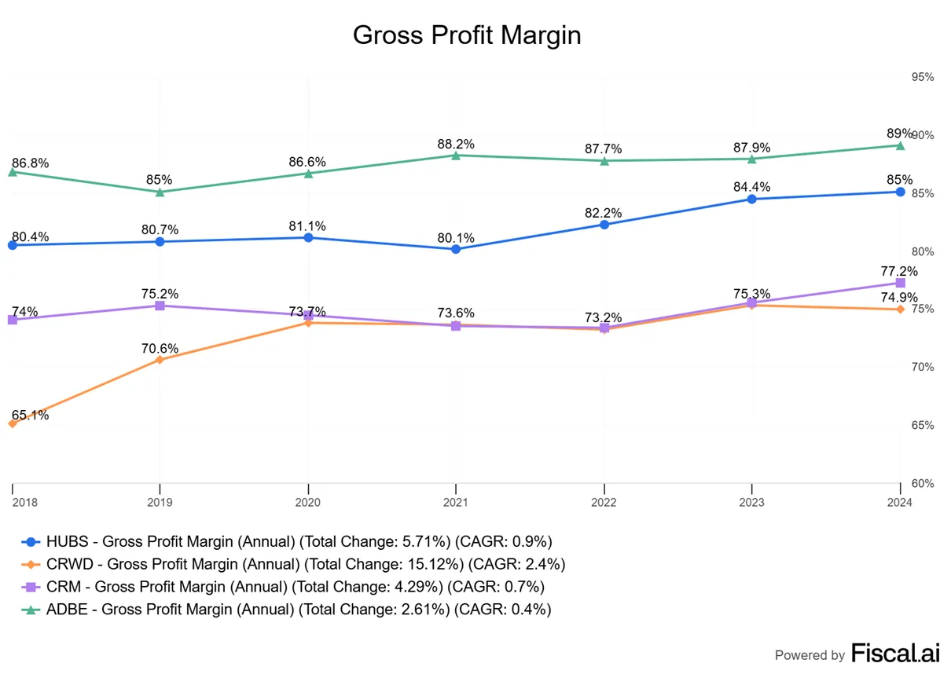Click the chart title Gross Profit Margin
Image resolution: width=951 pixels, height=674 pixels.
[x=467, y=35]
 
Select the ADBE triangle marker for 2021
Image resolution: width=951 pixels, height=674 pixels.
[x=456, y=156]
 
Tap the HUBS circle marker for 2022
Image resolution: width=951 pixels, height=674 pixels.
[x=604, y=225]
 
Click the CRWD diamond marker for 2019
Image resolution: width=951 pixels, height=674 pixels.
[x=160, y=360]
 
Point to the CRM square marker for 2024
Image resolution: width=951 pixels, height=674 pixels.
[x=900, y=283]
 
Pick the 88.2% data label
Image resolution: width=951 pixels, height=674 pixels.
[x=456, y=145]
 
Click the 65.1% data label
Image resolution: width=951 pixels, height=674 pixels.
[x=30, y=415]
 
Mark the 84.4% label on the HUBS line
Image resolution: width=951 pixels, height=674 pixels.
[x=752, y=187]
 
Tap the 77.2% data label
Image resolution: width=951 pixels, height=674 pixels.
[x=899, y=271]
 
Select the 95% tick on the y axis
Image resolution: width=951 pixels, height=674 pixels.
[x=923, y=77]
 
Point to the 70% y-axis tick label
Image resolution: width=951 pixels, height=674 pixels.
[x=923, y=367]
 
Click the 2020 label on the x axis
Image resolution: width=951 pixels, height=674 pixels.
[x=308, y=502]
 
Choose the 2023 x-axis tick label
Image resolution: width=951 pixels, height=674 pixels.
[x=751, y=502]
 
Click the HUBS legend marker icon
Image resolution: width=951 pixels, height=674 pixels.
[x=31, y=541]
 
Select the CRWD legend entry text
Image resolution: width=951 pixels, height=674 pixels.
[x=306, y=564]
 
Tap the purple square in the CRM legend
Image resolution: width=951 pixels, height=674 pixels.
[x=31, y=587]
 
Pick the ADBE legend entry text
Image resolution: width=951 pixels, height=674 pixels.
[x=299, y=609]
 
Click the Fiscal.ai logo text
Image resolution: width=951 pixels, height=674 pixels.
[x=895, y=653]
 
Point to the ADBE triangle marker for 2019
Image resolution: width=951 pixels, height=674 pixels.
[x=160, y=192]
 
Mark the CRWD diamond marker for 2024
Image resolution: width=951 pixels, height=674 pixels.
[x=900, y=310]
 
